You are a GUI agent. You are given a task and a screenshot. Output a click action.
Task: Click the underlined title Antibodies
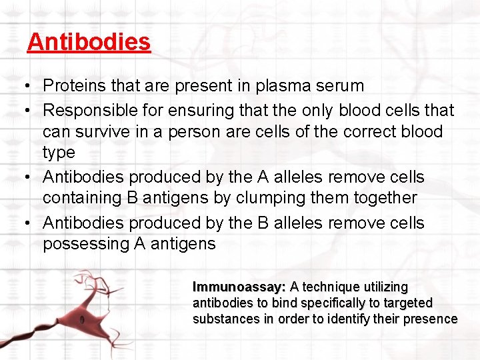(x=89, y=42)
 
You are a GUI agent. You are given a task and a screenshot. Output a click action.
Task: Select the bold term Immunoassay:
(x=239, y=287)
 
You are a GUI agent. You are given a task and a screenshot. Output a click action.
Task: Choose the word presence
(x=431, y=319)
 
